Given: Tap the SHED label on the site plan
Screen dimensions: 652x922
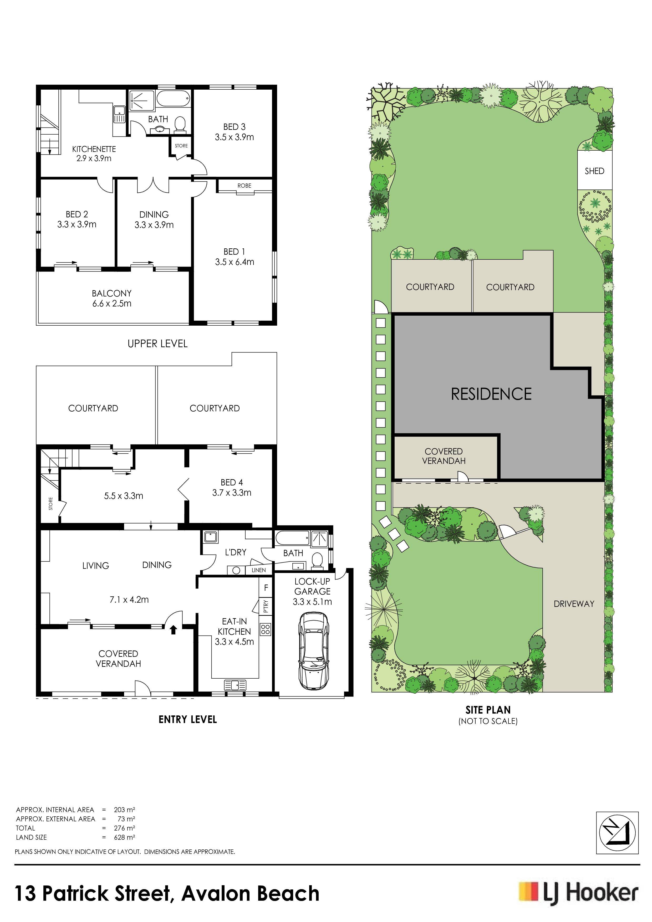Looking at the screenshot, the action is coord(594,171).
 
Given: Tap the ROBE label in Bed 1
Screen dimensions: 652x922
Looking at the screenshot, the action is coord(244,186).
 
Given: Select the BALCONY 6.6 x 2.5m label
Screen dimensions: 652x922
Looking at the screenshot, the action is coord(112,298).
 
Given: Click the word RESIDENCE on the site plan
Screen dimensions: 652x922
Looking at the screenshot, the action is coord(491,394).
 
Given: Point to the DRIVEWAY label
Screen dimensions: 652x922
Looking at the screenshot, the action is coord(574,603).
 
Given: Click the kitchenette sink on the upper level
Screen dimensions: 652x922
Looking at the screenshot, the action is coord(119,114).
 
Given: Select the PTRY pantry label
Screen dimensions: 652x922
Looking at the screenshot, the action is coord(266,606).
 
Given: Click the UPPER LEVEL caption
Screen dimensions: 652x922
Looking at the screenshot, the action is coord(157,344).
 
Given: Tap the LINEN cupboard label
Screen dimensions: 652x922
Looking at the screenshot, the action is coord(259,570).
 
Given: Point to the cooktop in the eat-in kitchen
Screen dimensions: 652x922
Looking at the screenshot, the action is coord(266,629).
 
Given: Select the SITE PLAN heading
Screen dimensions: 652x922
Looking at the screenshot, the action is coord(488,710).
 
